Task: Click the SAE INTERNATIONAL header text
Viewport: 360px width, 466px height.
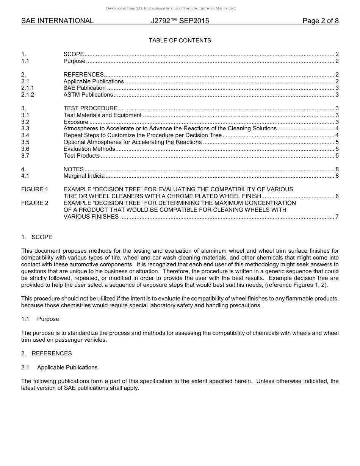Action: click(x=57, y=21)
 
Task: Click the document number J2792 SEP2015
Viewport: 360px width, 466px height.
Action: click(x=180, y=21)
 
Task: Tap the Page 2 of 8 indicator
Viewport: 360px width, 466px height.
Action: click(x=320, y=21)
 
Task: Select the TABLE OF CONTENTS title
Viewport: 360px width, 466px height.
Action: click(x=180, y=41)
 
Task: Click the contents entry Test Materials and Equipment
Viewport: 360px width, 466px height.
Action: click(x=102, y=115)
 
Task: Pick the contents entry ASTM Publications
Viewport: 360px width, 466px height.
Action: click(x=88, y=95)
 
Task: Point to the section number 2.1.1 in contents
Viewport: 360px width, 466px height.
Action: click(x=27, y=88)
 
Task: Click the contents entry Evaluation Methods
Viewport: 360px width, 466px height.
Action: click(x=89, y=149)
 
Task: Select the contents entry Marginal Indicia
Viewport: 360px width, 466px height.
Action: click(x=84, y=176)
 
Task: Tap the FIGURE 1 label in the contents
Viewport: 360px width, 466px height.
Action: click(x=34, y=189)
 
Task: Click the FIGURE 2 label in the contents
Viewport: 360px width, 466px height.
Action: click(x=34, y=203)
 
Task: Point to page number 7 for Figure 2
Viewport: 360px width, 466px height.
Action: click(x=337, y=217)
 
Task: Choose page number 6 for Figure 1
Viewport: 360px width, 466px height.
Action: click(x=337, y=196)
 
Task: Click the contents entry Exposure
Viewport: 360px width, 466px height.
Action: click(x=76, y=122)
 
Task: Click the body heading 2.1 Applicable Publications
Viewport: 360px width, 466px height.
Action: click(x=59, y=367)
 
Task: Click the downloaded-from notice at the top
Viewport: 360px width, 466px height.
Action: click(x=171, y=8)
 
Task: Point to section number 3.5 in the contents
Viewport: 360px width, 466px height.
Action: click(x=25, y=142)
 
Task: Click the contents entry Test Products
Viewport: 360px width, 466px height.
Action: click(x=81, y=156)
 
